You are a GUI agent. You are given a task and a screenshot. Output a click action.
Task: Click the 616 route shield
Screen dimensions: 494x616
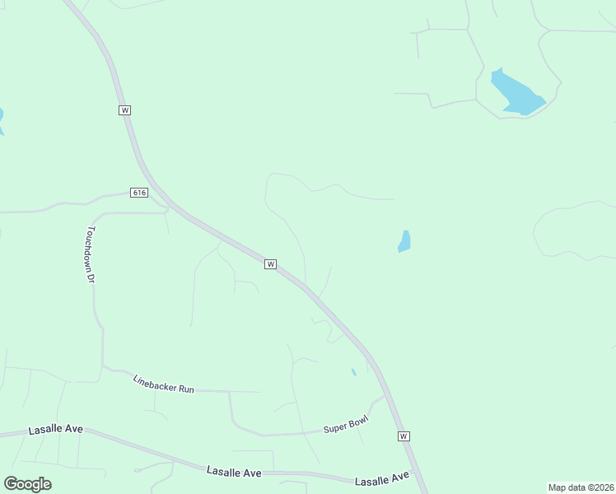pos(138,193)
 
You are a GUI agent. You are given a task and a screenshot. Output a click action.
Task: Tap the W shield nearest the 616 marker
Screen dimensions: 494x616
pos(124,110)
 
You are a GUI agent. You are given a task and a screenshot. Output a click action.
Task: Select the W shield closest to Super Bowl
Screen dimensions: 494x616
pos(403,436)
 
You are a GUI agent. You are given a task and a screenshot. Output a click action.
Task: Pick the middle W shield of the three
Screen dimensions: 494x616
pos(269,264)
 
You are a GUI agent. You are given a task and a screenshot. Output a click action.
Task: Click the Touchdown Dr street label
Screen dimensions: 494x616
pos(91,254)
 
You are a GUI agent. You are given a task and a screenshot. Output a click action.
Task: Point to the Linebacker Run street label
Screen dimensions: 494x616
pos(163,384)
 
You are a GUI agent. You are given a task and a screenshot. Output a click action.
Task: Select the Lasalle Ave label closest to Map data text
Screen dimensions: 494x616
pos(381,478)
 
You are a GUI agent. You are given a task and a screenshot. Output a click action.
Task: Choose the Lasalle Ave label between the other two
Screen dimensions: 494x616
pos(234,472)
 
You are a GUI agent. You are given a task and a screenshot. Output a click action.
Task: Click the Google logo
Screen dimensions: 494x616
pos(27,484)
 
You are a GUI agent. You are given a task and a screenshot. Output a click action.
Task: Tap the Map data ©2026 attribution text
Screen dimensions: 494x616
pos(581,487)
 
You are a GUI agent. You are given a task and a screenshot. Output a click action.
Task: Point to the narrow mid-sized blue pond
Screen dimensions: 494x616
pos(404,241)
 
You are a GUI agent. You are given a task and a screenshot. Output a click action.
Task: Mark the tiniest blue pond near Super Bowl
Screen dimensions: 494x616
pos(353,371)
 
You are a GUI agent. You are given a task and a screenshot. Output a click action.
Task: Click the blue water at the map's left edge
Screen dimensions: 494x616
pos(2,120)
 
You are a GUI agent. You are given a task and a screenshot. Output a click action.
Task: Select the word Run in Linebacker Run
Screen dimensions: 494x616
pos(185,388)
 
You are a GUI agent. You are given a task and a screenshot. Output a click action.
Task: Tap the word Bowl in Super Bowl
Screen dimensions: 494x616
pos(357,421)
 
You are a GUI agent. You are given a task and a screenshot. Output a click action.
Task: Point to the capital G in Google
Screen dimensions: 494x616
pos(11,483)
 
